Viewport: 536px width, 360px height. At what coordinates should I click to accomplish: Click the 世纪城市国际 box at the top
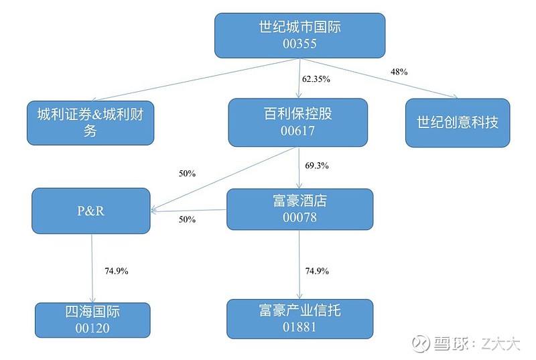299,36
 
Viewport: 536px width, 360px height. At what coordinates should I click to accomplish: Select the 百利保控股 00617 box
298,123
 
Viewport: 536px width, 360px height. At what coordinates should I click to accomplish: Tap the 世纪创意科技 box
458,123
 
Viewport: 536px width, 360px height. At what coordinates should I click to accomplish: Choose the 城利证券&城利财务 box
90,123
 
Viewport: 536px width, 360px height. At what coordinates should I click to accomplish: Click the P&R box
91,211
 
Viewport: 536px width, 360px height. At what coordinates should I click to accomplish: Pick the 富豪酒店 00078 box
299,209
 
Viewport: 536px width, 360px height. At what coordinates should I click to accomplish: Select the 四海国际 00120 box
92,320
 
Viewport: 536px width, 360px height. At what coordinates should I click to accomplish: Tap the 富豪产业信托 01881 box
299,319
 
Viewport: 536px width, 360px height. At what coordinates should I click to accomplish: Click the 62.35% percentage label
316,79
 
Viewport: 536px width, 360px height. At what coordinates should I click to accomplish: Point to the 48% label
399,72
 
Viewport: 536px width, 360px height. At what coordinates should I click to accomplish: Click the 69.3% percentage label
317,166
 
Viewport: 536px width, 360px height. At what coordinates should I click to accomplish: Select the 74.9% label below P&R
117,271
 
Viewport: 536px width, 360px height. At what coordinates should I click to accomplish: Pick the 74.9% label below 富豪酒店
317,271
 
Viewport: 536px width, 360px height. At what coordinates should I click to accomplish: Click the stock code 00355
299,44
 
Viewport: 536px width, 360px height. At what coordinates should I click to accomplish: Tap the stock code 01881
299,327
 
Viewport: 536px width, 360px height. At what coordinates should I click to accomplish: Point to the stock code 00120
92,328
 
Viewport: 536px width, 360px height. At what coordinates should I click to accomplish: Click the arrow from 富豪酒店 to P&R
189,211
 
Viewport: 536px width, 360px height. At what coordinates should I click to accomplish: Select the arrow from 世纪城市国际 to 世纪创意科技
379,78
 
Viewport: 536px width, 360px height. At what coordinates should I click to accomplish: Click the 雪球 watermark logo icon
421,343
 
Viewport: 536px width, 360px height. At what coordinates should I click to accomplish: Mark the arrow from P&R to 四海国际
92,268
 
